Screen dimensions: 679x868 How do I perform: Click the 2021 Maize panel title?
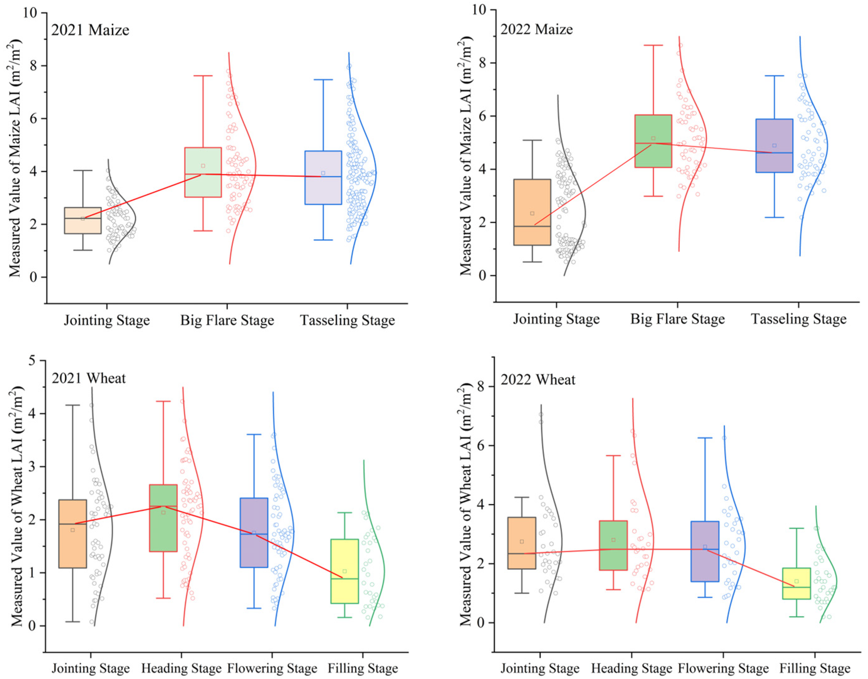90,30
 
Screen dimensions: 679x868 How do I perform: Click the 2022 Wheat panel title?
537,380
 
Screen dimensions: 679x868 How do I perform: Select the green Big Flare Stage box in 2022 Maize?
653,141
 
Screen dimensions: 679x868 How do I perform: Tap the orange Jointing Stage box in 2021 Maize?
83,221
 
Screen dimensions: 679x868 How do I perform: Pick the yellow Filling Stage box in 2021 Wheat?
345,571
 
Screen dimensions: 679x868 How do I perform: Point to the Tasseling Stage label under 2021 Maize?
348,320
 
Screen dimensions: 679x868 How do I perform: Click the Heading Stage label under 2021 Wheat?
181,668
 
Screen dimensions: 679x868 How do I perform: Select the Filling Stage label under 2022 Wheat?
815,668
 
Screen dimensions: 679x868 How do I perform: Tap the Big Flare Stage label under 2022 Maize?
677,319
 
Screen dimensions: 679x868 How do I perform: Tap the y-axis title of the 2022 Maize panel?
466,155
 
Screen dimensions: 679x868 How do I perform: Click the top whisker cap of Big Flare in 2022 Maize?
653,45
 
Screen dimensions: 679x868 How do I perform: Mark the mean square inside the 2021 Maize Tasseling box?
323,173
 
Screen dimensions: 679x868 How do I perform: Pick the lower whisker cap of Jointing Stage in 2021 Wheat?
72,621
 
